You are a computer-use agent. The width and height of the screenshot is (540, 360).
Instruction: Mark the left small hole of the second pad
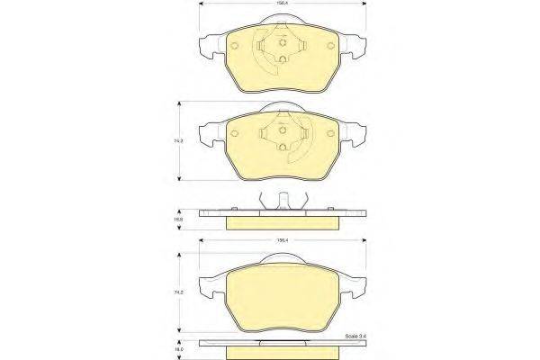coord(232,133)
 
